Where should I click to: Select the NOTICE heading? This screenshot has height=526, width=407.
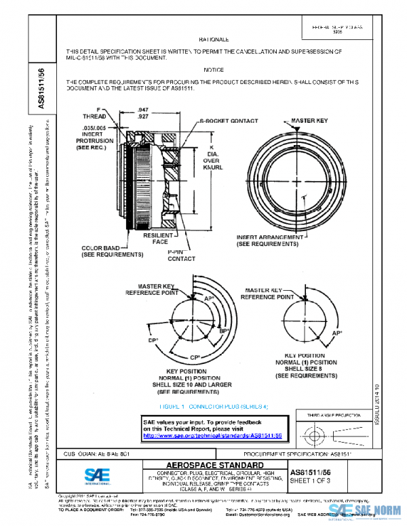(x=213, y=70)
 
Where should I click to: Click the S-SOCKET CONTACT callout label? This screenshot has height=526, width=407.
(x=229, y=121)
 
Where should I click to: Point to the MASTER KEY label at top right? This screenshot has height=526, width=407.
(x=301, y=121)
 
